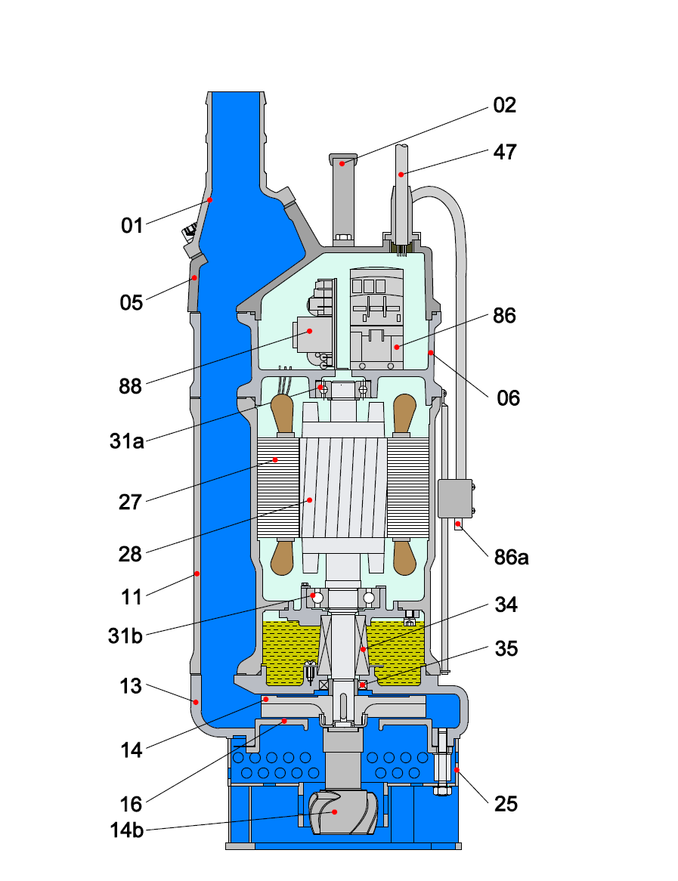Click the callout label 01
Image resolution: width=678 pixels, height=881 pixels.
tap(132, 225)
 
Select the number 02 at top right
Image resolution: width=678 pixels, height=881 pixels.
tap(504, 105)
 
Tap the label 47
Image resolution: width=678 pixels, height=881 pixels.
tap(504, 152)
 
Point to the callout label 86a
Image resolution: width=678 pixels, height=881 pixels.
tap(511, 558)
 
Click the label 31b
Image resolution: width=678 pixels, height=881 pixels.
tap(125, 635)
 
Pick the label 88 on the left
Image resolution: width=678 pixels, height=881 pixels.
tap(130, 386)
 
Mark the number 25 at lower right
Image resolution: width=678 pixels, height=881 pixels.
tap(506, 804)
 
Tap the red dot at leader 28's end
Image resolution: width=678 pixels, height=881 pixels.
tap(308, 500)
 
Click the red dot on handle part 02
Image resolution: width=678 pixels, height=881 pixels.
tap(342, 162)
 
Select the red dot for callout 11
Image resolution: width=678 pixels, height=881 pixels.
tap(197, 573)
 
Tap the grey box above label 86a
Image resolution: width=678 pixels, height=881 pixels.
tap(455, 498)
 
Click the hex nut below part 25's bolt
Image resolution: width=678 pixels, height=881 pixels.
tap(441, 790)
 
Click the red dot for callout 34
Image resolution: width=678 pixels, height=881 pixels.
tap(363, 648)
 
